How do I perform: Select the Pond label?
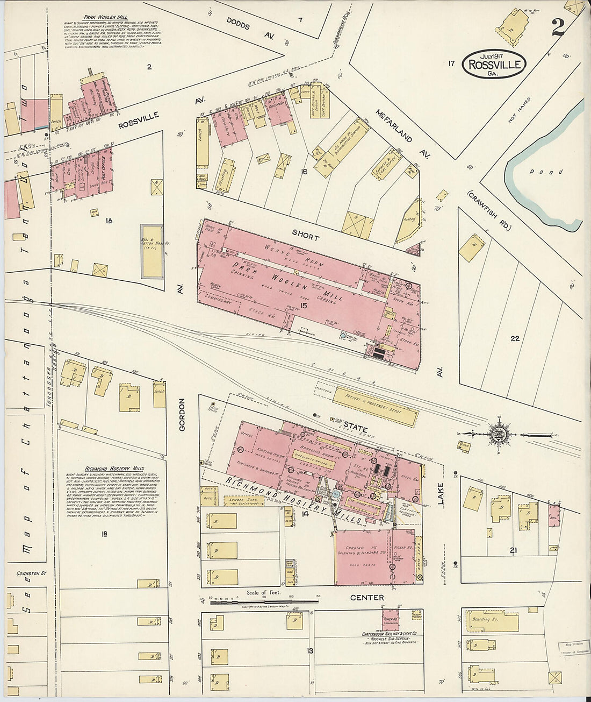[553, 172]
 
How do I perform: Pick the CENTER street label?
[367, 598]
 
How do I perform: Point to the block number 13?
[309, 651]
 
